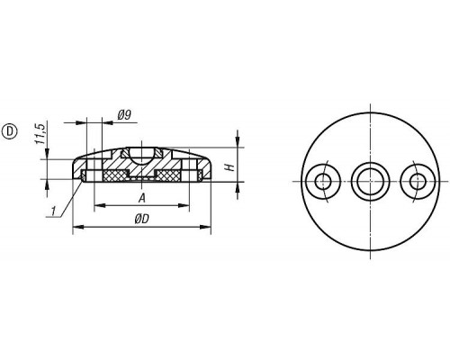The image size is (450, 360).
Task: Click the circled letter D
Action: pos(10,131)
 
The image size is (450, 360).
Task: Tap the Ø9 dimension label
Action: pos(124,115)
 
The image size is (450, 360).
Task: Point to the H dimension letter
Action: pos(230,167)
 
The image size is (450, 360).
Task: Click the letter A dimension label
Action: pos(142,198)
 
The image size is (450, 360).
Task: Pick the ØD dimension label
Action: pos(141,220)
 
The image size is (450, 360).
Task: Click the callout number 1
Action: pos(53,211)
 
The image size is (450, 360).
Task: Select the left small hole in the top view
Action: pos(323,181)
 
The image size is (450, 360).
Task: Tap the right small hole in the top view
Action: pos(418,181)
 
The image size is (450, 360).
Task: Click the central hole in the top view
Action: pos(371,181)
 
